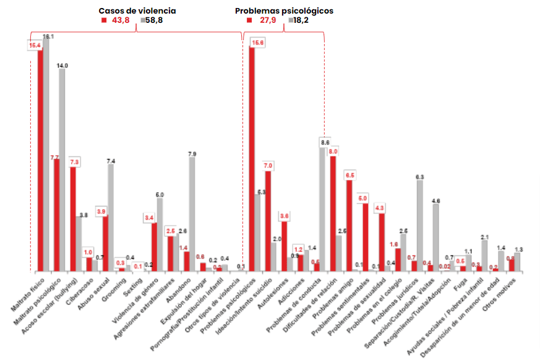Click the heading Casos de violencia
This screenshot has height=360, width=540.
(x=137, y=11)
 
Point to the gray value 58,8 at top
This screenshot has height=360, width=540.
(x=154, y=20)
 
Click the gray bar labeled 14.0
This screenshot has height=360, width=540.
(x=62, y=170)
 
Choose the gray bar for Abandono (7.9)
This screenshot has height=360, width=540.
(x=192, y=214)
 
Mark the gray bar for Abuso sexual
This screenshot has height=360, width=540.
(x=111, y=217)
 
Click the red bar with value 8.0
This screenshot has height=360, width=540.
(x=333, y=213)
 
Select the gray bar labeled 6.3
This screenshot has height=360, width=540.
(x=420, y=226)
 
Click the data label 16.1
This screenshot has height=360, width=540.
(x=48, y=38)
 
